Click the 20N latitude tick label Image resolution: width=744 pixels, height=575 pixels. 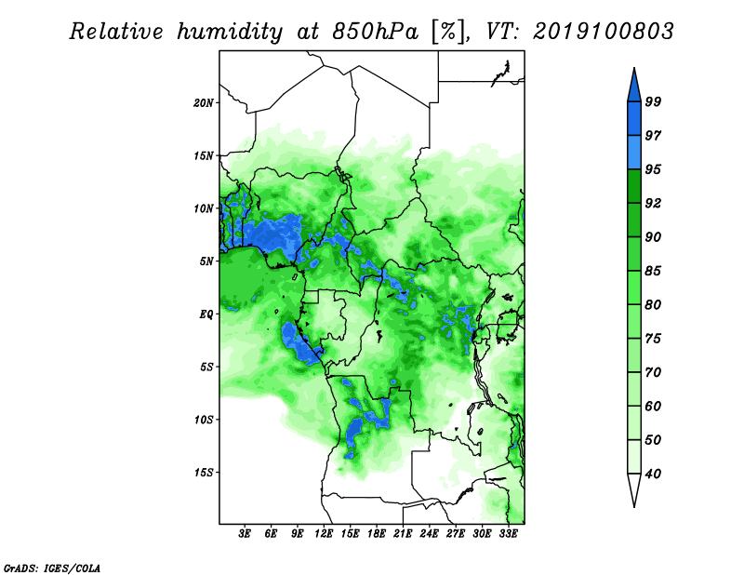click(204, 103)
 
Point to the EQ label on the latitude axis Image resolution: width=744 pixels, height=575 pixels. click(206, 314)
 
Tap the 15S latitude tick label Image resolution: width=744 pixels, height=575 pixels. click(204, 473)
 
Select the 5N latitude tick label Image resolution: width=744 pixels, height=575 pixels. click(206, 261)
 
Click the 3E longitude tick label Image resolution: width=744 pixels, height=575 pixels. click(245, 534)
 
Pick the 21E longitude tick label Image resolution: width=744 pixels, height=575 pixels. click(403, 534)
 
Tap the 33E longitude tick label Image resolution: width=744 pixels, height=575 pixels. click(508, 534)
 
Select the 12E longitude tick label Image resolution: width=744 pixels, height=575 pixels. click(324, 534)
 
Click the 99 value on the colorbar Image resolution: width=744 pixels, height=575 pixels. click(653, 101)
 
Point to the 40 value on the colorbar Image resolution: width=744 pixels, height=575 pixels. click(653, 474)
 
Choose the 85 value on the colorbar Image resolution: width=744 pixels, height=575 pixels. click(653, 271)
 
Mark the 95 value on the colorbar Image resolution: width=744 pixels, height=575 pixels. click(653, 169)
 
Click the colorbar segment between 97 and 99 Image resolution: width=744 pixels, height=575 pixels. click(634, 119)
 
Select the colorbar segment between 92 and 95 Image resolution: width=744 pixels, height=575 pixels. click(634, 186)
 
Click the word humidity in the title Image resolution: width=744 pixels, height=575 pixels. click(230, 33)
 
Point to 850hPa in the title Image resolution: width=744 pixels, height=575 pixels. click(376, 33)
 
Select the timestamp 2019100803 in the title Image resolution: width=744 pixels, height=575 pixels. click(603, 32)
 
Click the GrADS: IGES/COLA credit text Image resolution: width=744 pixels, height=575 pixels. click(52, 568)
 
